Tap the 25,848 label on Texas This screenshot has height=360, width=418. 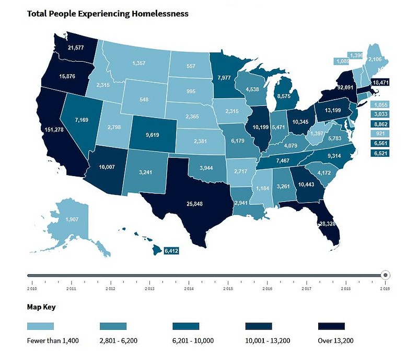pyautogui.click(x=198, y=203)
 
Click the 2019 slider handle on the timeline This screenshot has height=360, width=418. pyautogui.click(x=385, y=275)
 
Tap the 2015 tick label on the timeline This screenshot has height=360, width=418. pyautogui.click(x=228, y=288)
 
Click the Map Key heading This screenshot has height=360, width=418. pyautogui.click(x=41, y=307)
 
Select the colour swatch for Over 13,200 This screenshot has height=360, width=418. pyautogui.click(x=332, y=326)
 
